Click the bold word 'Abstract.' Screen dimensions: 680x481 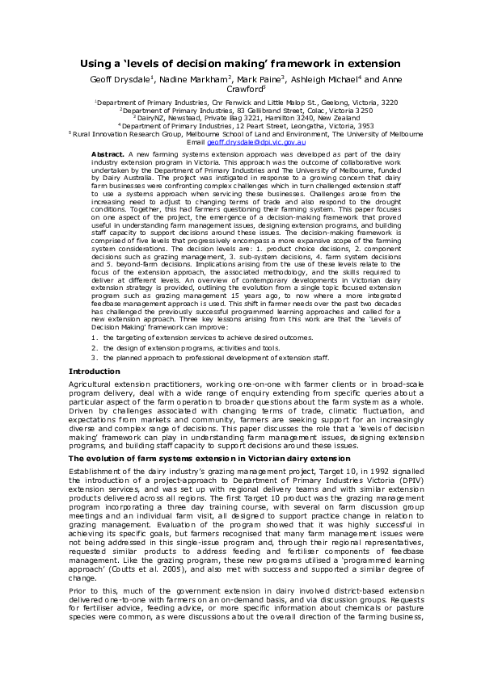point(108,153)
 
